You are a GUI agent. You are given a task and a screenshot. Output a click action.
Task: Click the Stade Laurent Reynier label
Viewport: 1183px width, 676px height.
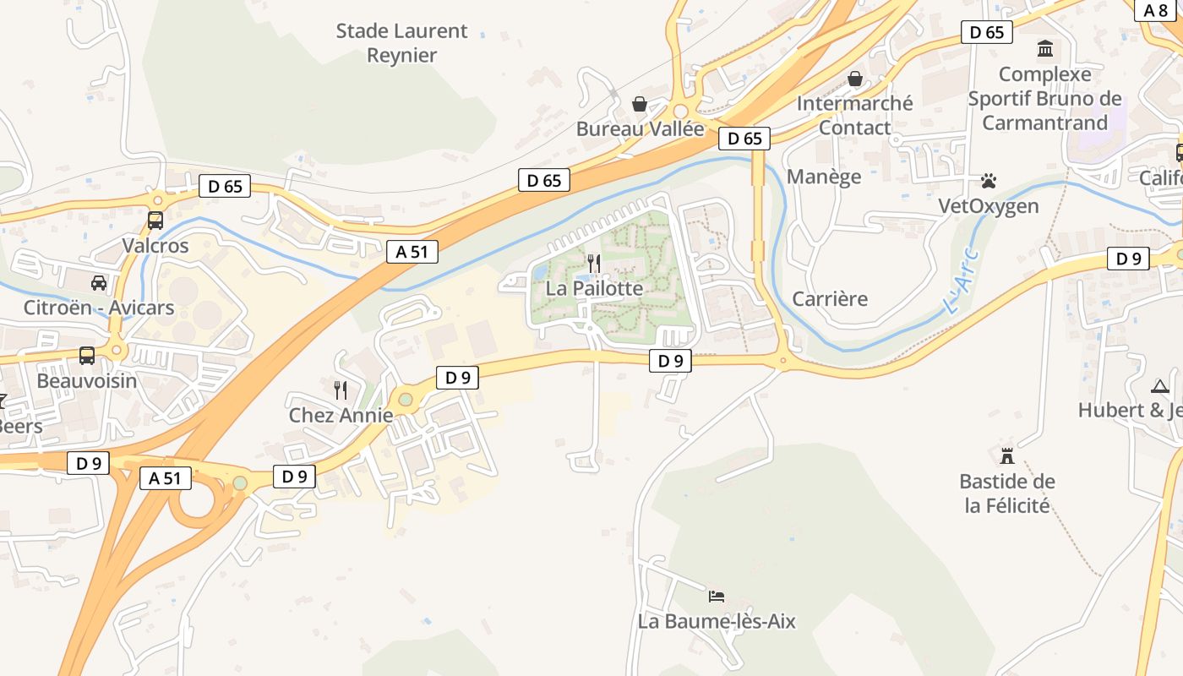click(x=401, y=43)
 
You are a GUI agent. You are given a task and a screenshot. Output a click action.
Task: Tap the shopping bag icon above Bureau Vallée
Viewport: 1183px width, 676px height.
click(x=640, y=104)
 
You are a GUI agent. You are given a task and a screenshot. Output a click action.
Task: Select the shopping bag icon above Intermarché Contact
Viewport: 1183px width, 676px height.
click(x=855, y=79)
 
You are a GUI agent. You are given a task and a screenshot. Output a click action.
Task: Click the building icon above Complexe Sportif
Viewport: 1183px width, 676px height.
click(x=1045, y=49)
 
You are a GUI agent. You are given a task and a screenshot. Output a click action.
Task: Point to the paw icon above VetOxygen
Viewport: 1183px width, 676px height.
click(x=989, y=181)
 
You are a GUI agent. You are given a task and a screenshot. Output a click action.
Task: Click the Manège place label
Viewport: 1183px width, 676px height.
click(x=824, y=177)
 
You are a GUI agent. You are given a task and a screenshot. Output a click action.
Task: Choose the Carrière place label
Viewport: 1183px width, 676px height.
click(x=830, y=299)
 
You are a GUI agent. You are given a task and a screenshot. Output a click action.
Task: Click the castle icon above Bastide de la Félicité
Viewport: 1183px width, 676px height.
click(x=1006, y=455)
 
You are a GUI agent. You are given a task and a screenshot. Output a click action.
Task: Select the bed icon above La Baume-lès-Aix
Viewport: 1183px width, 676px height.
click(x=717, y=597)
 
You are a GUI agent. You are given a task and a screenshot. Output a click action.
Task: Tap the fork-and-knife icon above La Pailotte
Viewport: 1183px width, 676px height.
click(x=594, y=263)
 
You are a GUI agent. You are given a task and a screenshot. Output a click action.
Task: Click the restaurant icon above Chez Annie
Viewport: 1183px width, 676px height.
click(x=341, y=390)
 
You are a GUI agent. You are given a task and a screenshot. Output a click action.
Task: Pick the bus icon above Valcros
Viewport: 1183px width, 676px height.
click(x=155, y=221)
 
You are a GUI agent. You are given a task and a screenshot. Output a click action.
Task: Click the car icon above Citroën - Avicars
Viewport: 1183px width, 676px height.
click(x=99, y=282)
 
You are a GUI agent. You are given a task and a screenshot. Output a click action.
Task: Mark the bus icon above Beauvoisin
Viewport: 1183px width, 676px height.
click(x=87, y=355)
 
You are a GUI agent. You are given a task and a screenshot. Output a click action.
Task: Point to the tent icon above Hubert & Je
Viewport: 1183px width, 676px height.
click(x=1159, y=386)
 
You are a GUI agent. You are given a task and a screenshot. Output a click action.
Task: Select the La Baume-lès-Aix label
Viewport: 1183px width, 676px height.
click(x=717, y=622)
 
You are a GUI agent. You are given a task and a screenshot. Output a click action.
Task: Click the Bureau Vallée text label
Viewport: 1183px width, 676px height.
click(x=640, y=129)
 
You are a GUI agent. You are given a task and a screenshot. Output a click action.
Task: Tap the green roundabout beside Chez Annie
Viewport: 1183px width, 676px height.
click(x=406, y=399)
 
